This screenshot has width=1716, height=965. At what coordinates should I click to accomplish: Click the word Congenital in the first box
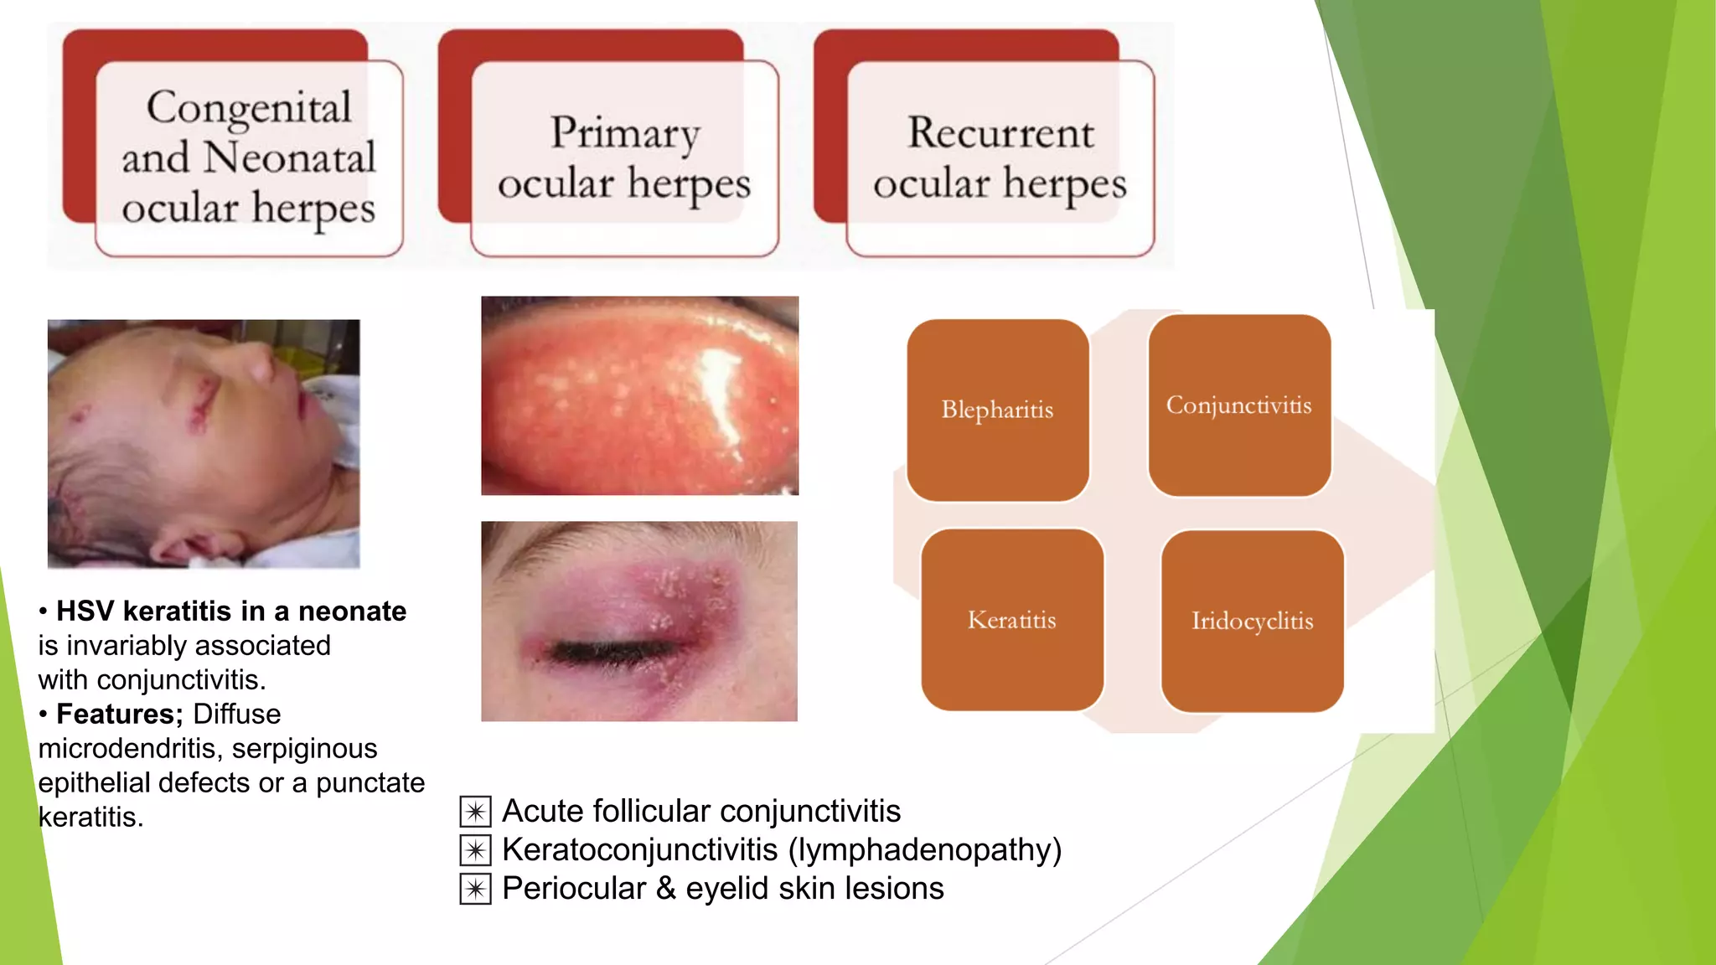249,108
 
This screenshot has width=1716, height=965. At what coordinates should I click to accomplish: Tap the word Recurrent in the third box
1000,133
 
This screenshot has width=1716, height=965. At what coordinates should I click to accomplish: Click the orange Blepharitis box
997,410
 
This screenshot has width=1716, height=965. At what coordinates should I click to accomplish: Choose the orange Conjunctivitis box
1238,405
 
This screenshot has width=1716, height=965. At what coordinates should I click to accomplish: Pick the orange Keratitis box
1011,620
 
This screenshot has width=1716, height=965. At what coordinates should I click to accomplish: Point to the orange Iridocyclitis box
1252,621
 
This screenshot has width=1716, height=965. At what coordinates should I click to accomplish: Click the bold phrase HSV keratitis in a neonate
231,612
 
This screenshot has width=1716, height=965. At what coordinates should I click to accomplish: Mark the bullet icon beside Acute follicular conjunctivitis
475,812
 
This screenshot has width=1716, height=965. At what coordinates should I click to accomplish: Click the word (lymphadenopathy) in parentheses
924,850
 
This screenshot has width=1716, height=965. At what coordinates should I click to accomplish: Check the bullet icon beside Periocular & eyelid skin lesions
475,889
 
